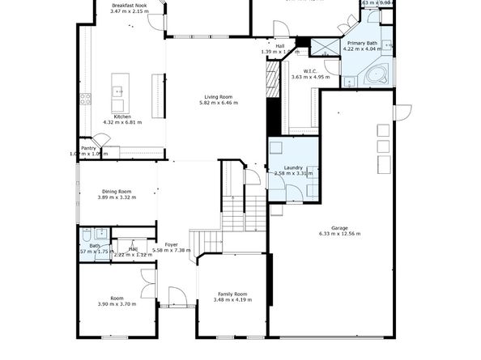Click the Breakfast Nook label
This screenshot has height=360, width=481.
(130, 5)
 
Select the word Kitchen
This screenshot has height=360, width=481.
(122, 116)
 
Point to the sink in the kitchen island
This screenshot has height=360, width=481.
(118, 90)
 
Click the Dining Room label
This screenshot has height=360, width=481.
(114, 191)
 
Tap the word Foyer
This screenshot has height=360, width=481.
(171, 244)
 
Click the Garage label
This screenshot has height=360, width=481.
(338, 227)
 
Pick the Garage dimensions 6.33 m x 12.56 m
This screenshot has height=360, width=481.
(338, 234)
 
